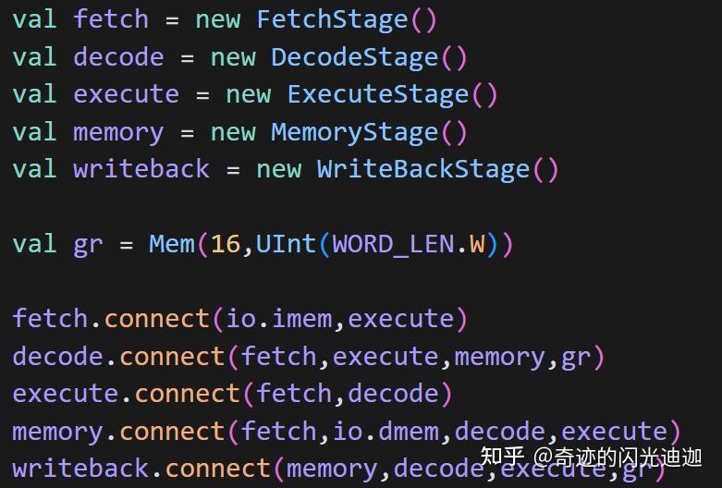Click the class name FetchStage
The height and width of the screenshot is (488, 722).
[332, 19]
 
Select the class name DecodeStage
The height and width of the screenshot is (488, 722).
[355, 57]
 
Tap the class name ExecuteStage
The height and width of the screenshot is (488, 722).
[377, 95]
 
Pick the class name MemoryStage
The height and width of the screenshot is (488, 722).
[355, 132]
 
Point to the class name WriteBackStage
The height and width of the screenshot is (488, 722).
[423, 169]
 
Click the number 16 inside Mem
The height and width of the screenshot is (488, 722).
[226, 244]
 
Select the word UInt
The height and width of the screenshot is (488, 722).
[286, 244]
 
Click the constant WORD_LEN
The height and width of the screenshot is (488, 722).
[393, 244]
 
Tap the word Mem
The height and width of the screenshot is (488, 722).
[172, 244]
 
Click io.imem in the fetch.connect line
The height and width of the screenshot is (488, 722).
[279, 319]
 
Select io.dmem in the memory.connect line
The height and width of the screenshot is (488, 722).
[385, 432]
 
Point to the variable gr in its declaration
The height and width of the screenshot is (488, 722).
[88, 246]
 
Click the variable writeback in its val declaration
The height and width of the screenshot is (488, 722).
[141, 169]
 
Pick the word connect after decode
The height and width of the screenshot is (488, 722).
[172, 357]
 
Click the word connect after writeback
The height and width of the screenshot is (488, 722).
[217, 470]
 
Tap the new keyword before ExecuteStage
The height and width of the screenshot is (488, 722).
[249, 95]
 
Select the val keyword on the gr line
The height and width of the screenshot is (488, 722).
[34, 244]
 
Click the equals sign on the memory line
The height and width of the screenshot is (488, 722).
[187, 133]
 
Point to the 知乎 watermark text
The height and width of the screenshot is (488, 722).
[502, 457]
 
